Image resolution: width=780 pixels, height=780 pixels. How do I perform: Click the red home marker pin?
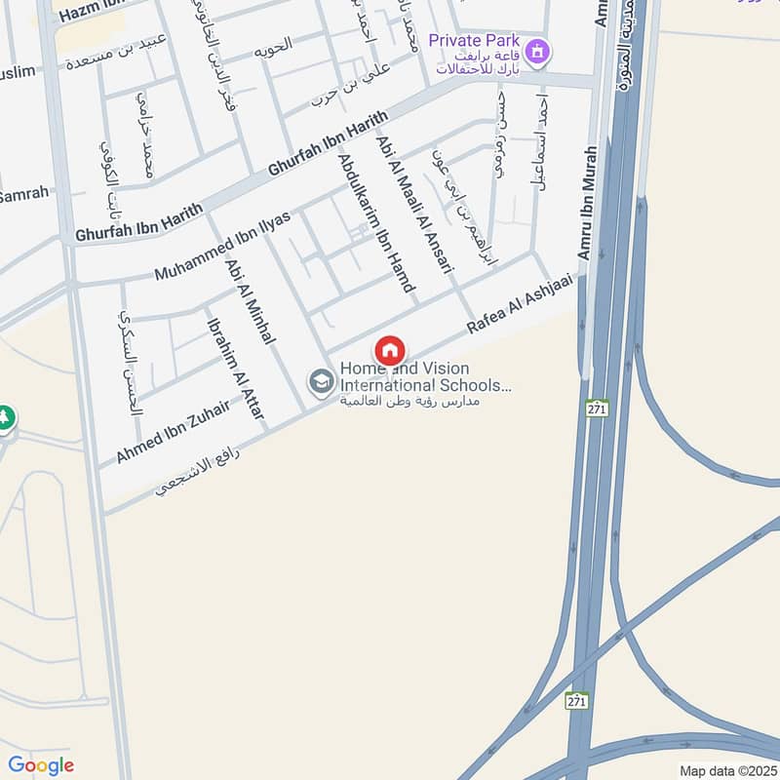click(390, 350)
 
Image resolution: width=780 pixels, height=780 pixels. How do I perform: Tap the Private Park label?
click(473, 42)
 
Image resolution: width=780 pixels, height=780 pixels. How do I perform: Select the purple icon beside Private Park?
click(536, 50)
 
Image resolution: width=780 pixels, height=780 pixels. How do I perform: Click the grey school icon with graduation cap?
click(320, 382)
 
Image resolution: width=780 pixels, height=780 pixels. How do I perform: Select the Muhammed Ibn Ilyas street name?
click(222, 245)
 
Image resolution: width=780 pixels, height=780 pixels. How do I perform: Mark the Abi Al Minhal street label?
click(252, 300)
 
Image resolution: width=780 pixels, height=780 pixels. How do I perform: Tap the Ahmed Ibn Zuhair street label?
click(173, 432)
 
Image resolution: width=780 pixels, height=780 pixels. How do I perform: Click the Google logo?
click(41, 765)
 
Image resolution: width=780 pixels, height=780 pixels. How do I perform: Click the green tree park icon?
click(5, 417)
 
